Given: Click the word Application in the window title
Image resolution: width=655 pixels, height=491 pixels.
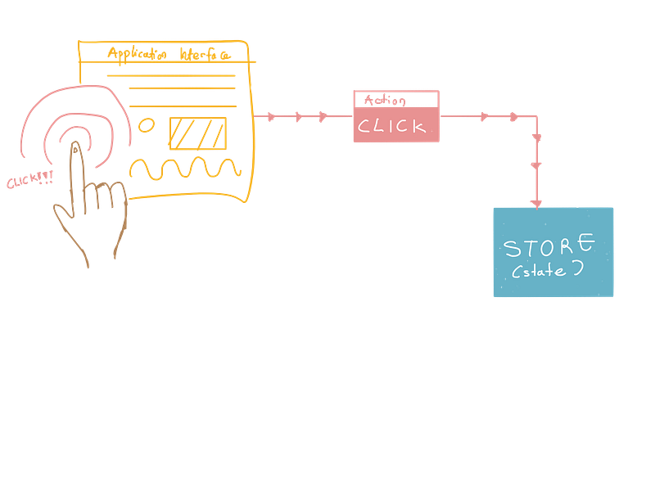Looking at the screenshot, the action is point(137,54).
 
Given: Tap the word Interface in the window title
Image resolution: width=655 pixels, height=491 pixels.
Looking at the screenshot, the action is point(206,54).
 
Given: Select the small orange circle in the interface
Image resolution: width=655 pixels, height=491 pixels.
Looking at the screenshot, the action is point(147,125).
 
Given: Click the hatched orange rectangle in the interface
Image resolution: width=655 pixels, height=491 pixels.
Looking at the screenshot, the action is point(198,133).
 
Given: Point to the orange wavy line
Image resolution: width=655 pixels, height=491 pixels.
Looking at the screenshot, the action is point(185,169).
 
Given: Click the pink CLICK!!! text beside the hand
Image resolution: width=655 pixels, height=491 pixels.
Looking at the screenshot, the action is point(30,179).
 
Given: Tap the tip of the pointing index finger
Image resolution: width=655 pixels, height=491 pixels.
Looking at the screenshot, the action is point(75,146).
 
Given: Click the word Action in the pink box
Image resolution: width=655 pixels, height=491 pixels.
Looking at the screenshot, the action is point(385,100).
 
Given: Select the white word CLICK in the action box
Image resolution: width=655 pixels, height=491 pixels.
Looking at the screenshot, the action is point(391,126).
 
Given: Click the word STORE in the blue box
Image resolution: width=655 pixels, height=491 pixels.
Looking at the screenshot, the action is point(549,245).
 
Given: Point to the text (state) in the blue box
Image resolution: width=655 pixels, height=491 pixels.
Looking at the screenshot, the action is point(547,270).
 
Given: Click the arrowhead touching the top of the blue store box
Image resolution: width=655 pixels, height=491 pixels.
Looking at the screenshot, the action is point(536,204).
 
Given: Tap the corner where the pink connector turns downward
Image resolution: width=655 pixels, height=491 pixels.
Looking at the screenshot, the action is point(536,116).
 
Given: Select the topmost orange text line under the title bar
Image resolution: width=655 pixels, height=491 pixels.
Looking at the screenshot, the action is point(171,75).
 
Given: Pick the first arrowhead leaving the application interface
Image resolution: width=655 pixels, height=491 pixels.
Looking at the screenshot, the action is point(271,116).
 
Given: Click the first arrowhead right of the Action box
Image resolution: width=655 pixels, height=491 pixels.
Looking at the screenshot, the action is point(484,116).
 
